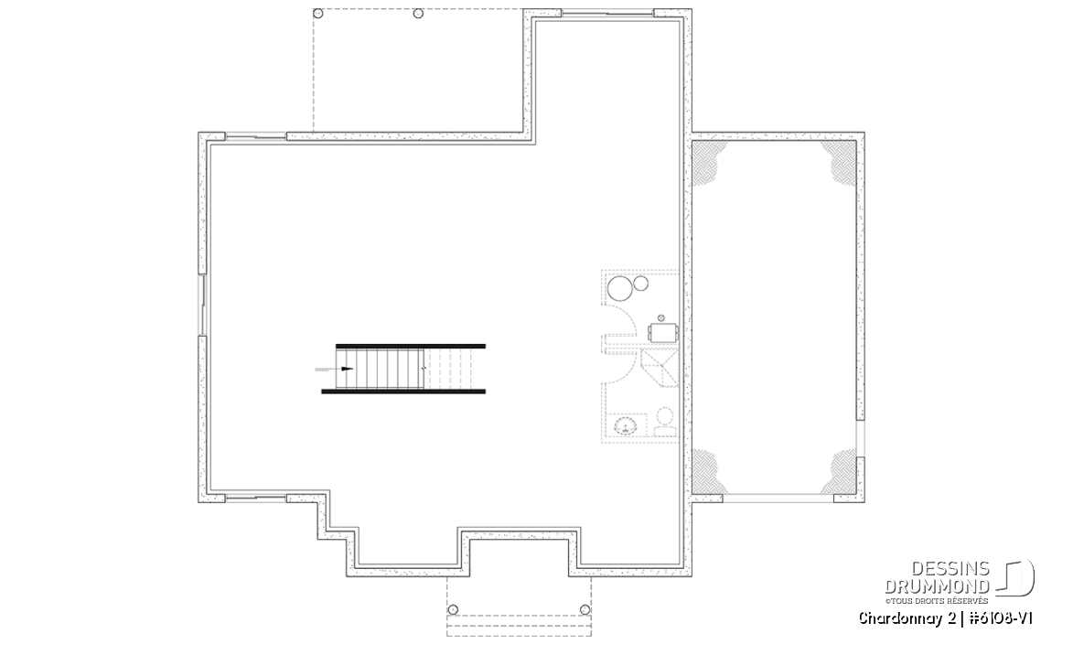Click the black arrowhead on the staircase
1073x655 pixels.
point(347,369)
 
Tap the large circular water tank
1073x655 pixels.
point(621,289)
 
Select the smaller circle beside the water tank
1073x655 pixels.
point(641,284)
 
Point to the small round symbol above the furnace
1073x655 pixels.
point(661,318)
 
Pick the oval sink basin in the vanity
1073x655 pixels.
point(626,426)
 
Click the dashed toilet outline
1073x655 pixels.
point(664,422)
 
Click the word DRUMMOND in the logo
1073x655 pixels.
point(937,585)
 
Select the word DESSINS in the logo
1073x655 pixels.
point(950,569)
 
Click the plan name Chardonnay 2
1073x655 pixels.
point(907,618)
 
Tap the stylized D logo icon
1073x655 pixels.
point(1015,578)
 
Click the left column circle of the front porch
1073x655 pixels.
point(452,610)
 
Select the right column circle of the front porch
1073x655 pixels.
point(585,610)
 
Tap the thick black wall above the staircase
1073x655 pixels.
point(411,347)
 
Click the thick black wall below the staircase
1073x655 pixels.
point(403,392)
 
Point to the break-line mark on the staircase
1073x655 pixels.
point(424,369)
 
